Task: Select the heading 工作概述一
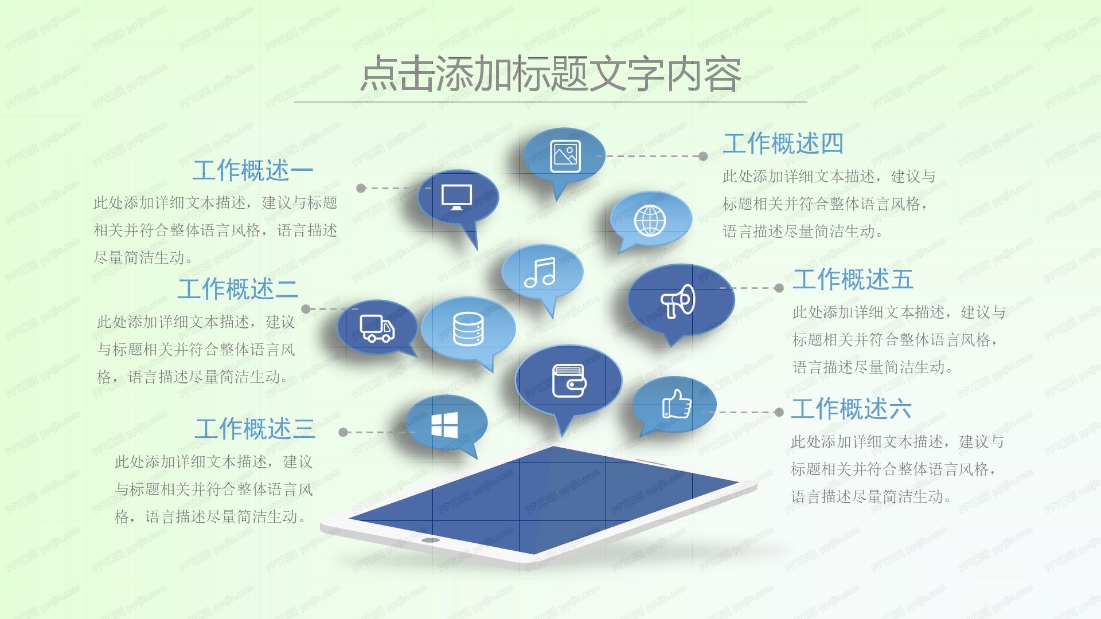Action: [x=253, y=170]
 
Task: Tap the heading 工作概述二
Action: [x=238, y=289]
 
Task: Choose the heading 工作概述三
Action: [x=255, y=429]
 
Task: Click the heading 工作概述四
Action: [x=783, y=143]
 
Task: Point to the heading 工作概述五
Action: [x=853, y=280]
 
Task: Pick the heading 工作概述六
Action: [x=851, y=409]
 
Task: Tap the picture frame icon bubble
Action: [x=565, y=156]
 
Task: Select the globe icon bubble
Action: [x=650, y=221]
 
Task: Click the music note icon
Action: [x=541, y=273]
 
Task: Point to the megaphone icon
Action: [x=678, y=301]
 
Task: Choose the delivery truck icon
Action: [x=377, y=328]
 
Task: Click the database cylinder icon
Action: [x=468, y=329]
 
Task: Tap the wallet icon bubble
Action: [x=568, y=381]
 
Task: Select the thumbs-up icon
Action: [x=677, y=405]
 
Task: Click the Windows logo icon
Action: [x=444, y=425]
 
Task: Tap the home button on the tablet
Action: [x=430, y=540]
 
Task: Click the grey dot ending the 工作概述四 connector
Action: [x=703, y=156]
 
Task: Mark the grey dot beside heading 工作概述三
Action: [x=343, y=432]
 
